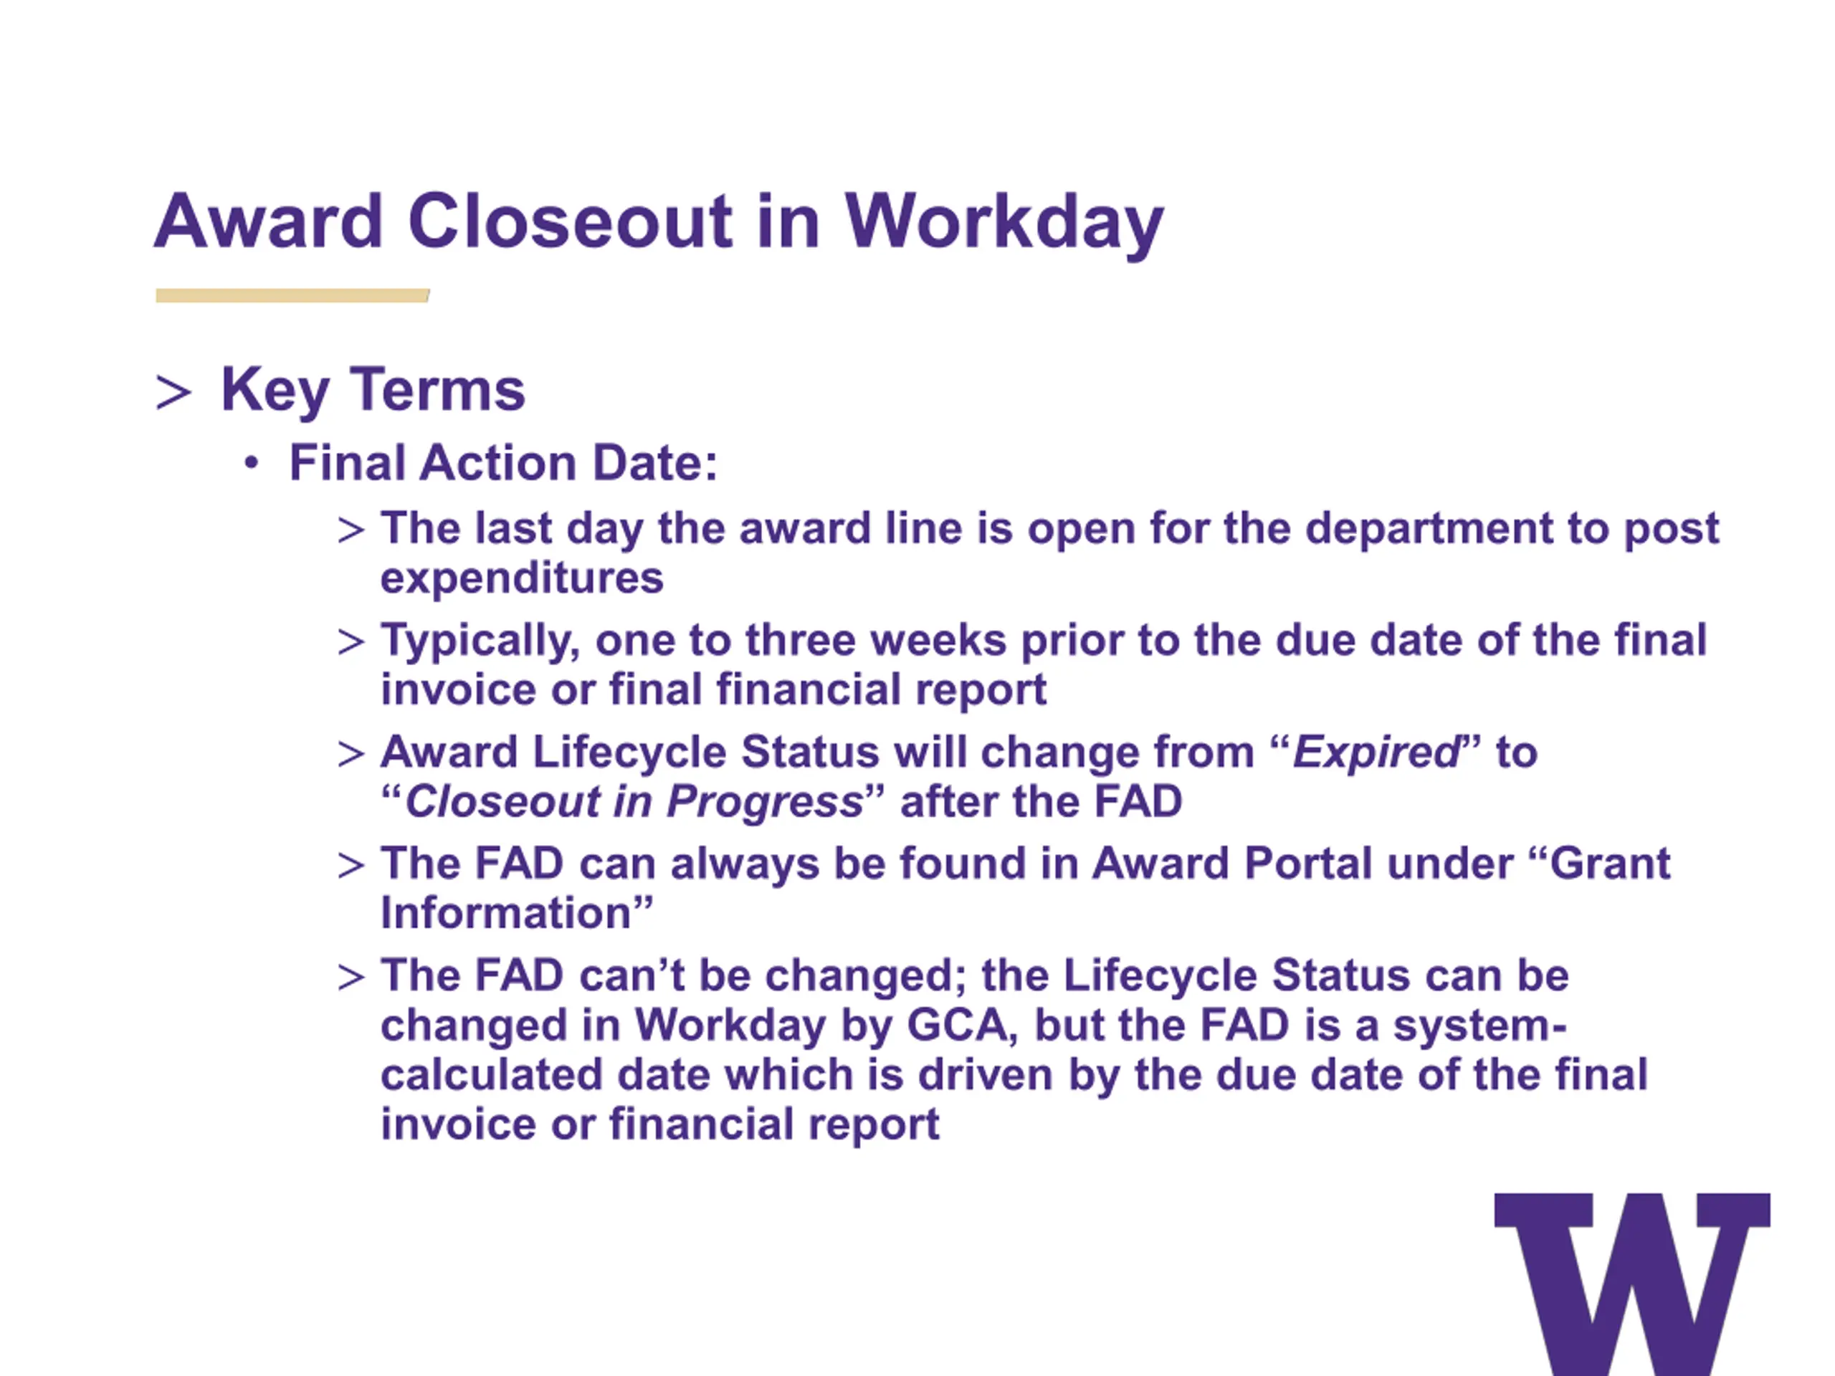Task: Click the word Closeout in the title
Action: click(x=570, y=221)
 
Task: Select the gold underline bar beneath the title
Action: click(x=292, y=295)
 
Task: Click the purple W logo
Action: click(x=1631, y=1284)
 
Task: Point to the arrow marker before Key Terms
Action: click(x=173, y=392)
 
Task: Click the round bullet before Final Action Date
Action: click(x=252, y=464)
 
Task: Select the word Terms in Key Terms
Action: click(x=437, y=389)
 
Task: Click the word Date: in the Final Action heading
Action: click(x=654, y=462)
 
